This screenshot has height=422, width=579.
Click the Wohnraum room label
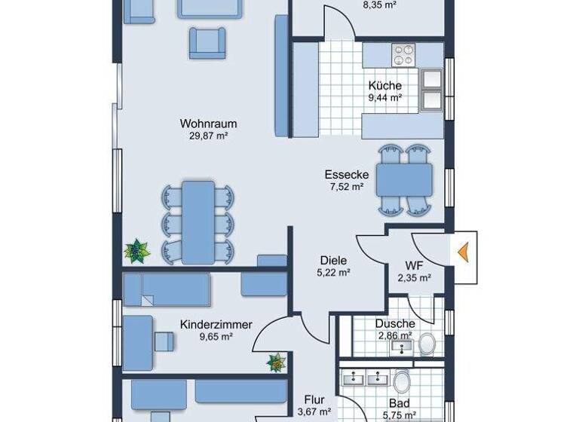coord(208,124)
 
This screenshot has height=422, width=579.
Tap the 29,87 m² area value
coord(208,136)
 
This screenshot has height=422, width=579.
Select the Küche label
coord(384,85)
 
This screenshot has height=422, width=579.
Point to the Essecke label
coord(346,174)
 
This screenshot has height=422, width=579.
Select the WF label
coord(414,265)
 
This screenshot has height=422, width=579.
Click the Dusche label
coord(394,323)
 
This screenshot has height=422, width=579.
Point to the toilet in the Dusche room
coord(427,344)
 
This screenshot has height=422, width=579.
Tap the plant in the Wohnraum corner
coord(137,250)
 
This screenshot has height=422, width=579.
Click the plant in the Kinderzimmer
coord(277,362)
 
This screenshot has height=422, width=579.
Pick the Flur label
coord(314,399)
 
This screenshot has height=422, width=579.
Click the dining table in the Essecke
coord(405,179)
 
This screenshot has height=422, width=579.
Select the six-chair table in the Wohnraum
coord(198,222)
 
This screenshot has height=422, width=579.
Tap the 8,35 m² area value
coord(380,4)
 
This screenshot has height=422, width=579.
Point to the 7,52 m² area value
coord(346,186)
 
